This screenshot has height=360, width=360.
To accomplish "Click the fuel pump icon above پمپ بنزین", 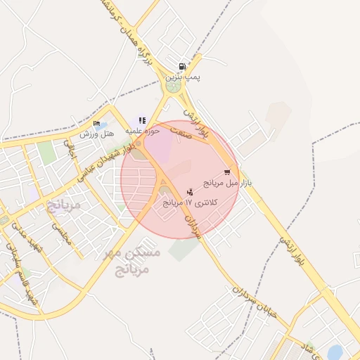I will click(183, 67).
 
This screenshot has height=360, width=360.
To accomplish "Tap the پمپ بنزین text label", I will click(183, 77).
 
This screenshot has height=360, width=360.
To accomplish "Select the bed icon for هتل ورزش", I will click(96, 124).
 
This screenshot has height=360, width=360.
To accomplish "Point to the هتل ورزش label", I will click(96, 134).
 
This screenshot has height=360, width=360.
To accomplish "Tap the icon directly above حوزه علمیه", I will click(142, 121).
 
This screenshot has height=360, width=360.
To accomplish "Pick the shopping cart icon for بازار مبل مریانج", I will click(227, 172).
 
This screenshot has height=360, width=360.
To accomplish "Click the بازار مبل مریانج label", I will click(227, 183).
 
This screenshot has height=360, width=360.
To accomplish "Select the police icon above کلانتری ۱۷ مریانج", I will click(190, 192).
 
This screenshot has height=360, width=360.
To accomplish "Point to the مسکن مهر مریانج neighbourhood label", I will click(133, 260).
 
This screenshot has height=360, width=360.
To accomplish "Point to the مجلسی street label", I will click(60, 233).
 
